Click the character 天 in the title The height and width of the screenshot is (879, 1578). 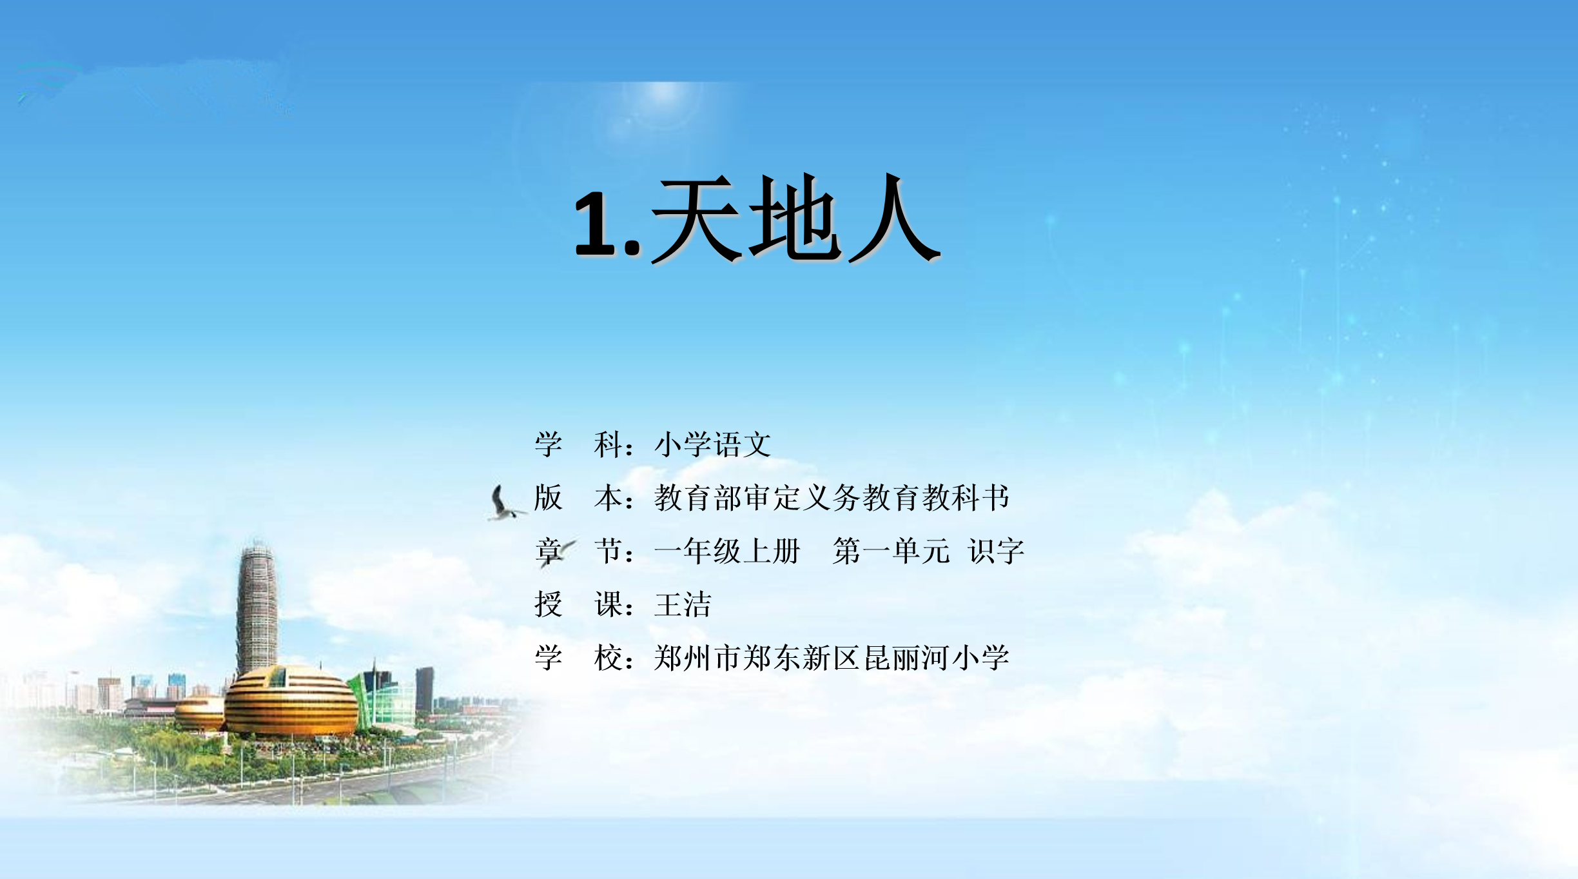(x=696, y=219)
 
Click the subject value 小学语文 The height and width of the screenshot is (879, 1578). (x=712, y=444)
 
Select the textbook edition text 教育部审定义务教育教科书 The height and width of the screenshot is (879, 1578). (x=832, y=498)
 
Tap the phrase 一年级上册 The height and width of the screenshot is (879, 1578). (x=727, y=551)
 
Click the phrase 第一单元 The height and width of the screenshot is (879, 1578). (x=891, y=551)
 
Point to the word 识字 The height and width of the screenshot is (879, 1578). (x=997, y=551)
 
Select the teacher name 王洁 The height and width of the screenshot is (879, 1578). (x=683, y=605)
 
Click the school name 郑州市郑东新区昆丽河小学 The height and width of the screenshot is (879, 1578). (x=832, y=658)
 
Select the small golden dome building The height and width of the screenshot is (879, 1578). (x=199, y=713)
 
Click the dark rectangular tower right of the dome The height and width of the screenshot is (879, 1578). (x=425, y=690)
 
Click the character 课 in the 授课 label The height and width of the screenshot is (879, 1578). (x=609, y=605)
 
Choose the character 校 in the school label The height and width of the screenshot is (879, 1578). (x=609, y=658)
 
